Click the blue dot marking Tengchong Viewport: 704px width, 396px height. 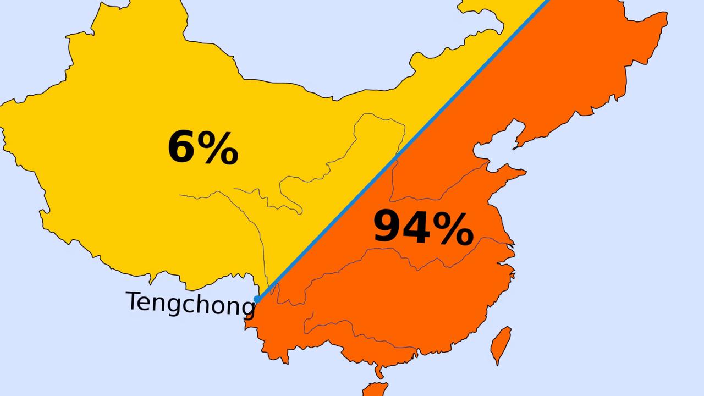[x=257, y=299]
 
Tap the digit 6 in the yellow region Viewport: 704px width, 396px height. [x=183, y=148]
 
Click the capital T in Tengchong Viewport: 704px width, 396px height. [x=134, y=301]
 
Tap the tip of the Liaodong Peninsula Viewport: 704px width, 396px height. [x=515, y=147]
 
